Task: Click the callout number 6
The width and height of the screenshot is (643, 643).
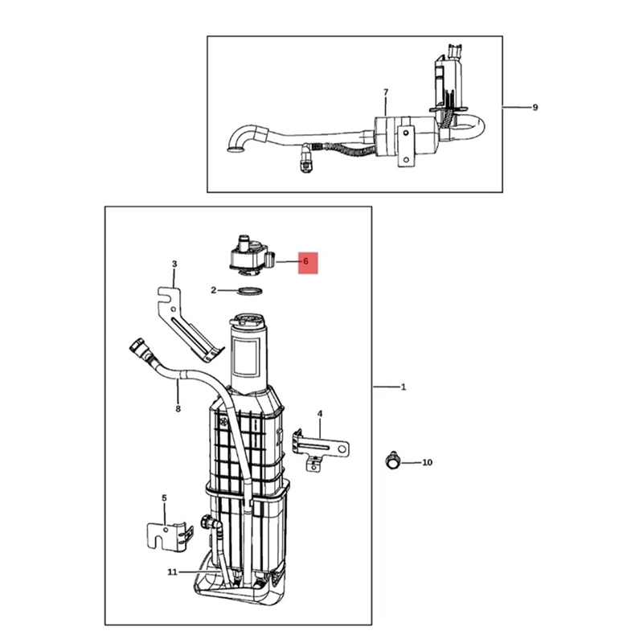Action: pyautogui.click(x=305, y=261)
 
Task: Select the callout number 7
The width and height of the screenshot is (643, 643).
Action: pyautogui.click(x=386, y=92)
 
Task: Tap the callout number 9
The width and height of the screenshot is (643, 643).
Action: pyautogui.click(x=535, y=108)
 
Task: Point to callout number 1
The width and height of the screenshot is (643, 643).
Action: pyautogui.click(x=403, y=387)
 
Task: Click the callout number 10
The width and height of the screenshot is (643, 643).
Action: pyautogui.click(x=427, y=462)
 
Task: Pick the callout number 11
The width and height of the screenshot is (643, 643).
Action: pyautogui.click(x=172, y=572)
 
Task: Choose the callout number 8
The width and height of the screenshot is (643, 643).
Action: pyautogui.click(x=178, y=408)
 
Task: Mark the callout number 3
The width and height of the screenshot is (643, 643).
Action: pyautogui.click(x=174, y=264)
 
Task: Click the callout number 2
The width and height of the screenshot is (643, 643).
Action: pyautogui.click(x=214, y=290)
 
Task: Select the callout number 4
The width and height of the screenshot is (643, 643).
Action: pyautogui.click(x=320, y=414)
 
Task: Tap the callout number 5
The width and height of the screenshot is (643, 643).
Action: pyautogui.click(x=164, y=498)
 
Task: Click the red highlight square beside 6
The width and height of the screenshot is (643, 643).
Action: pyautogui.click(x=309, y=262)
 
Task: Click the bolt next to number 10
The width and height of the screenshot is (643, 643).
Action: pyautogui.click(x=391, y=461)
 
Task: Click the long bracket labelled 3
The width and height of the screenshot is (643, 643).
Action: pyautogui.click(x=186, y=321)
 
